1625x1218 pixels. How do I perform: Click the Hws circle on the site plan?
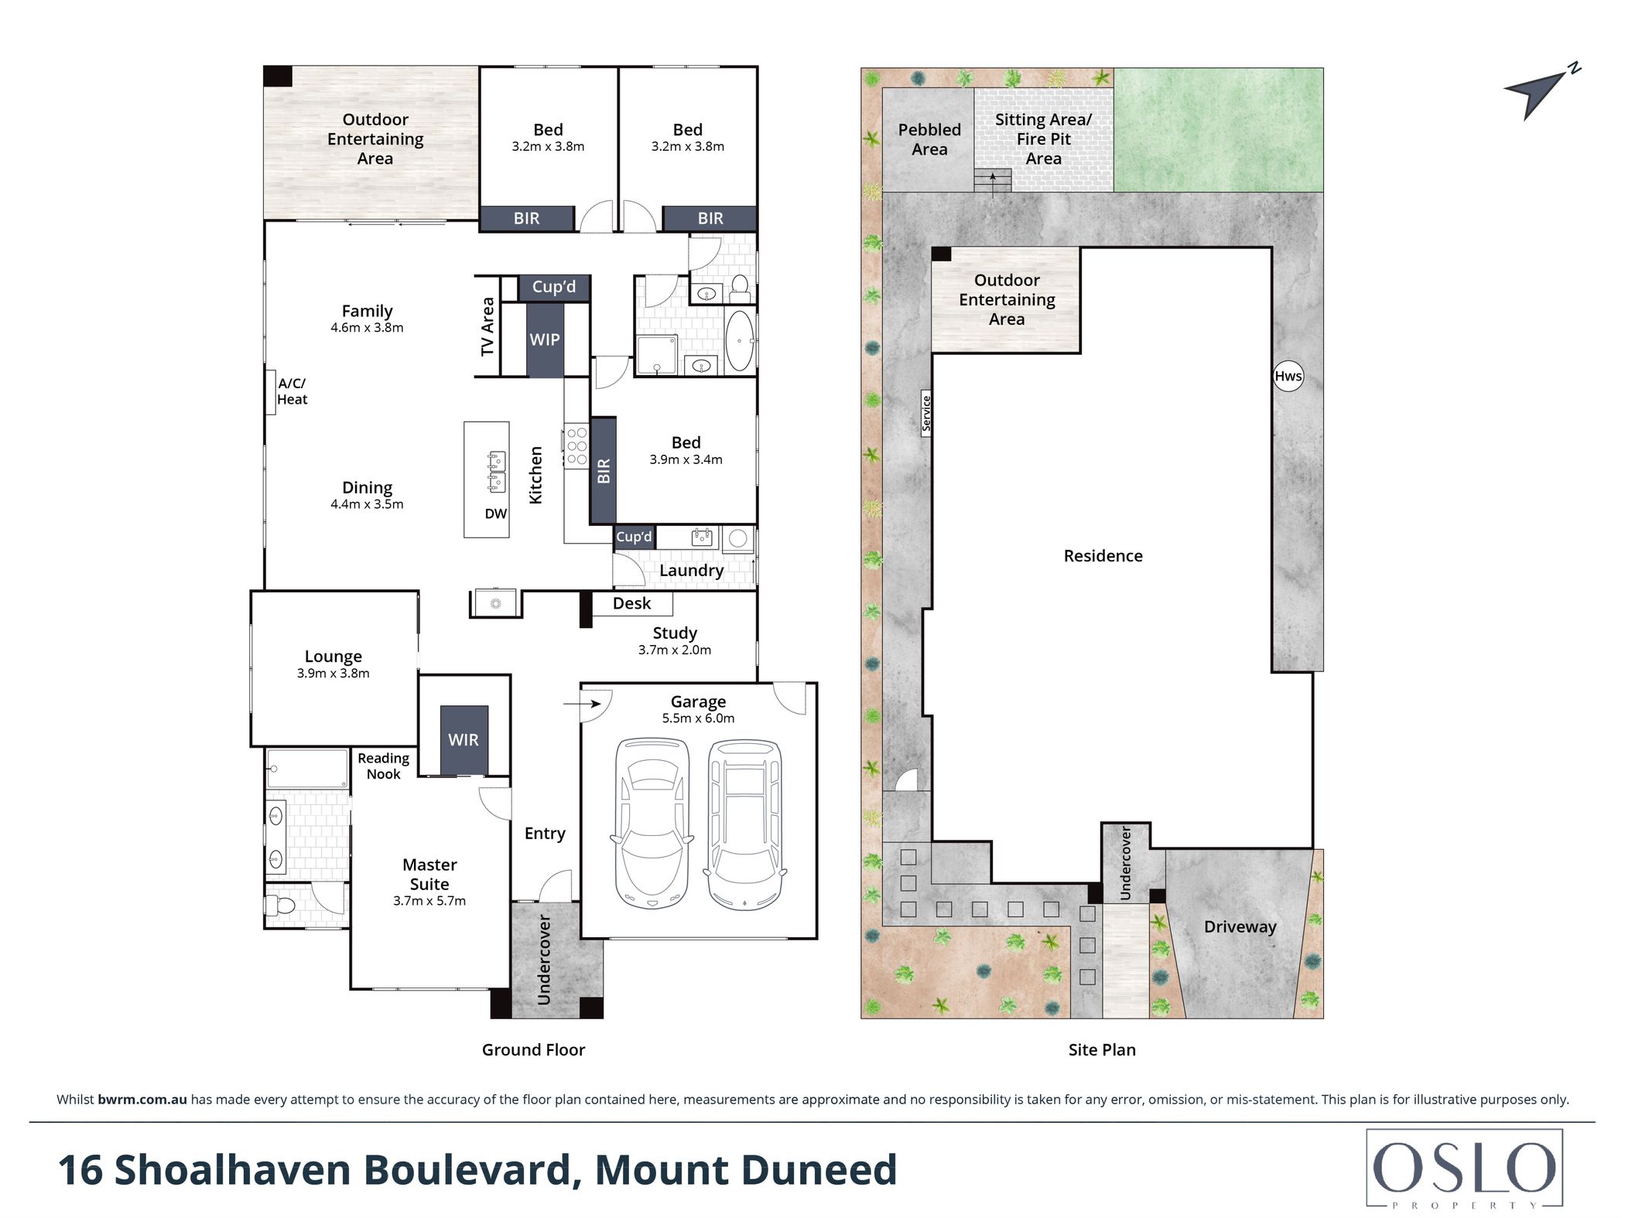point(1288,376)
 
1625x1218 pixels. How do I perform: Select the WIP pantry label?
point(545,339)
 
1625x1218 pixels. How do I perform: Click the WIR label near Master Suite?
point(464,740)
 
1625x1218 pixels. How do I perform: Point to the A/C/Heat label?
point(292,391)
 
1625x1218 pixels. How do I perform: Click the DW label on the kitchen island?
point(496,513)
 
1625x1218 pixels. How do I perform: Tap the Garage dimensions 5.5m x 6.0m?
point(698,718)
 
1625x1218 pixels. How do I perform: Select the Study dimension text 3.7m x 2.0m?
point(675,650)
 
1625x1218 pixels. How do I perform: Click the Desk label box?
point(632,603)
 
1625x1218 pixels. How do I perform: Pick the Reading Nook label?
point(384,766)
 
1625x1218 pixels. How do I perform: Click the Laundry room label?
point(692,571)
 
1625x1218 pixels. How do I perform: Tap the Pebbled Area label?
point(929,139)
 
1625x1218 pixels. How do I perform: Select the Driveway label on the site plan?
point(1240,927)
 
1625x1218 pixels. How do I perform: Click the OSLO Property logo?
point(1464,1169)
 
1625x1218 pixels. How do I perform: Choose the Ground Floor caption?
point(533,1049)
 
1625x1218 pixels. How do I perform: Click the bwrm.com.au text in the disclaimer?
point(142,1100)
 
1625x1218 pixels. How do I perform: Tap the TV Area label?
point(487,326)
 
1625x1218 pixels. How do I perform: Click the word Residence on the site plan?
point(1103,556)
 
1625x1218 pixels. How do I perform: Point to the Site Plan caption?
point(1102,1049)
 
